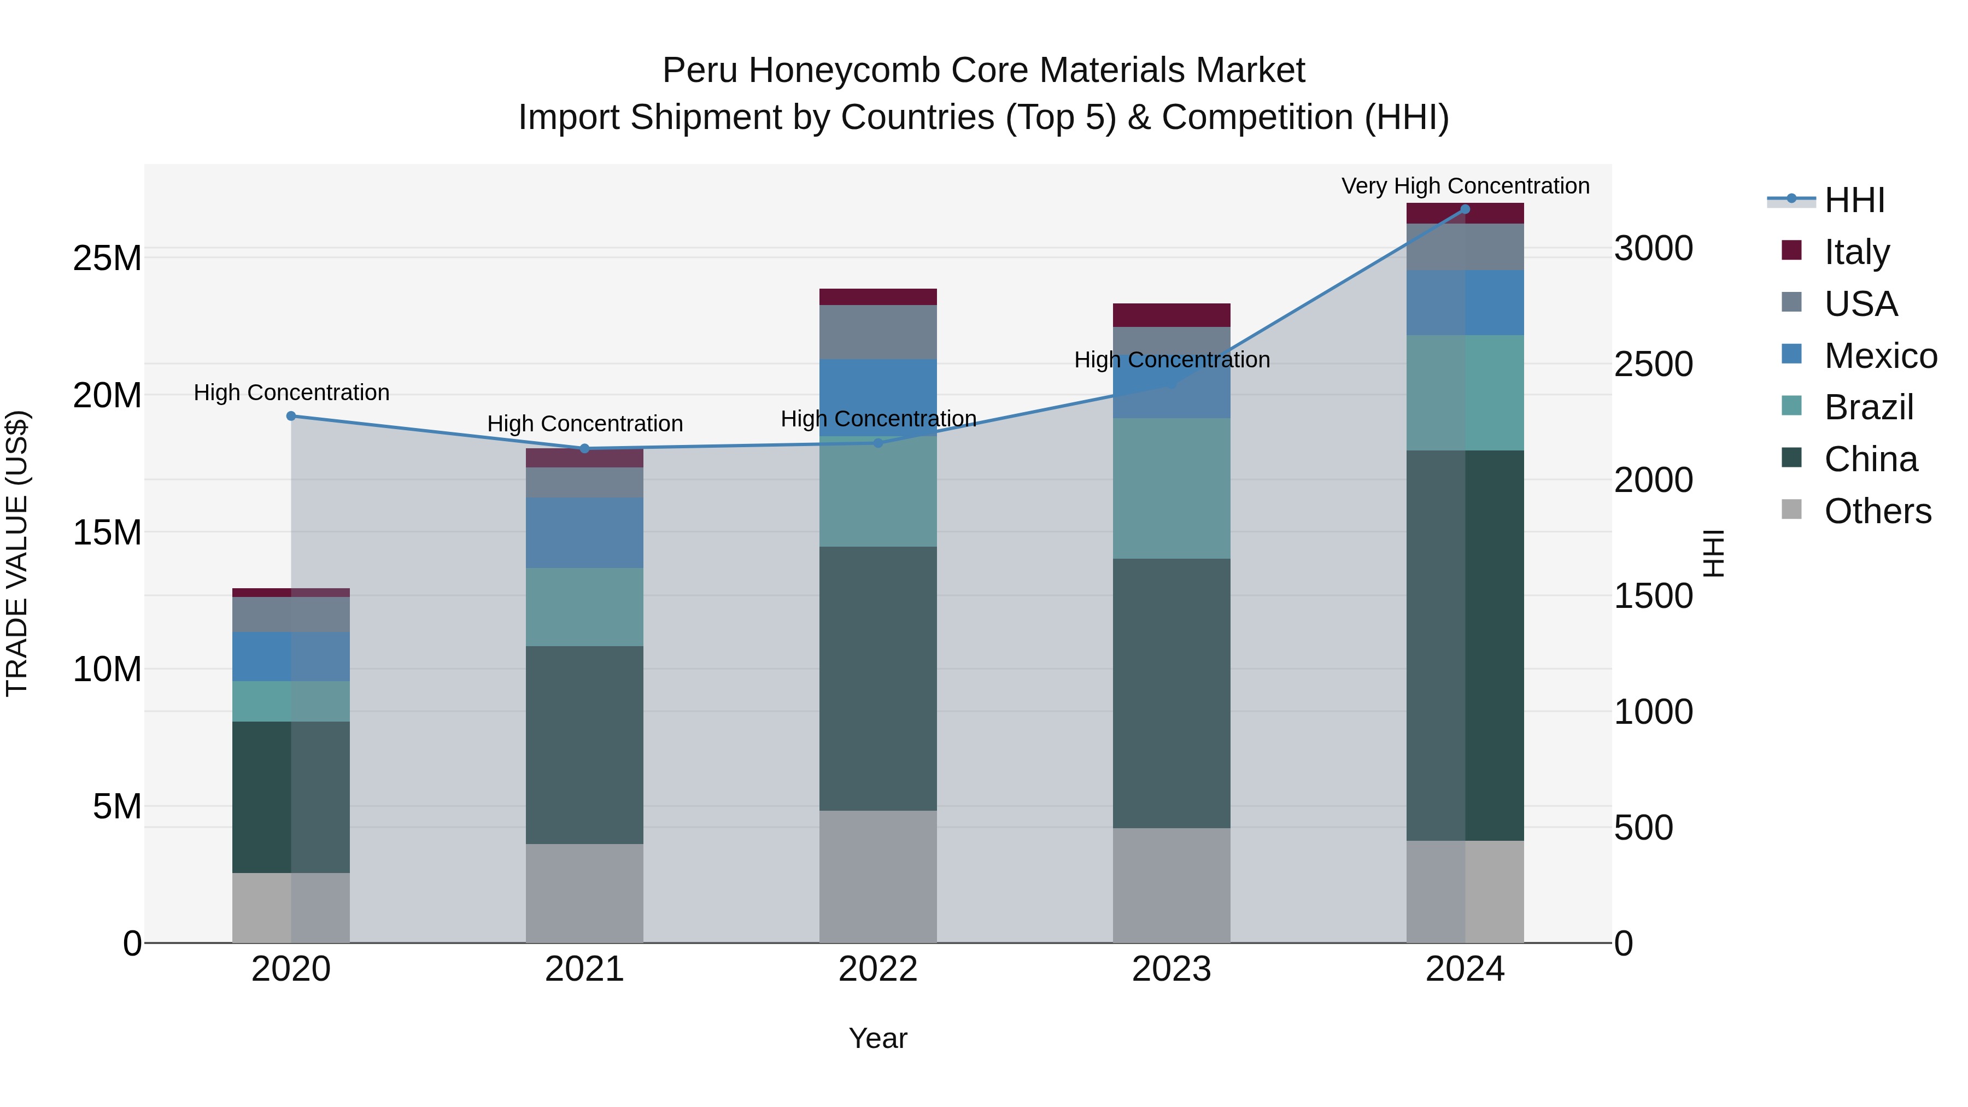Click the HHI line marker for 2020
click(x=291, y=417)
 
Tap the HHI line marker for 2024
click(x=1465, y=209)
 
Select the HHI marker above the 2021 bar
click(x=584, y=448)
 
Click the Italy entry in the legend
click(x=1856, y=251)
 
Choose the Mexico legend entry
click(x=1880, y=355)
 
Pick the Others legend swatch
click(x=1791, y=509)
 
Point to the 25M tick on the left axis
click(x=107, y=258)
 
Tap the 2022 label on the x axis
click(x=878, y=969)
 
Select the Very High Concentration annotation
click(x=1465, y=186)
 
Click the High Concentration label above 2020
click(x=291, y=393)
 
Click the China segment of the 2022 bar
click(x=878, y=678)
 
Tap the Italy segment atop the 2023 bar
click(x=1171, y=315)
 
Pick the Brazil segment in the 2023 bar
click(x=1171, y=488)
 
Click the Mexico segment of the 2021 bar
click(x=584, y=532)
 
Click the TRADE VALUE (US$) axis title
click(x=17, y=553)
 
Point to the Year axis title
click(x=878, y=1038)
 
